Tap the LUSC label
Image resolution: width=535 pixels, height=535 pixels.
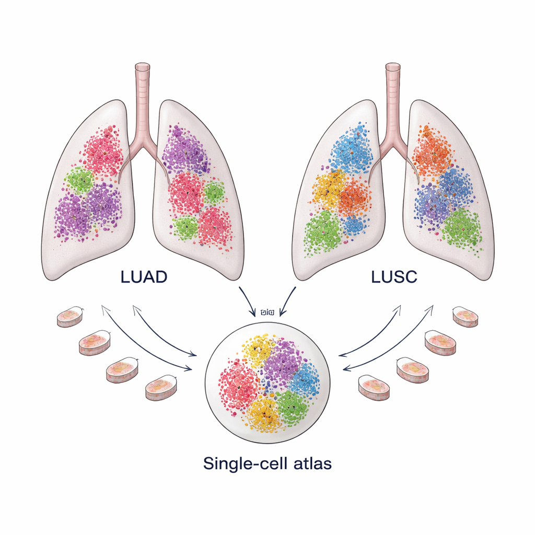394,277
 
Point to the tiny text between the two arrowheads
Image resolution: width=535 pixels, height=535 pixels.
267,312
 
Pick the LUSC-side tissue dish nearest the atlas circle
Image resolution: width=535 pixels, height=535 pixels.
374,387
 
